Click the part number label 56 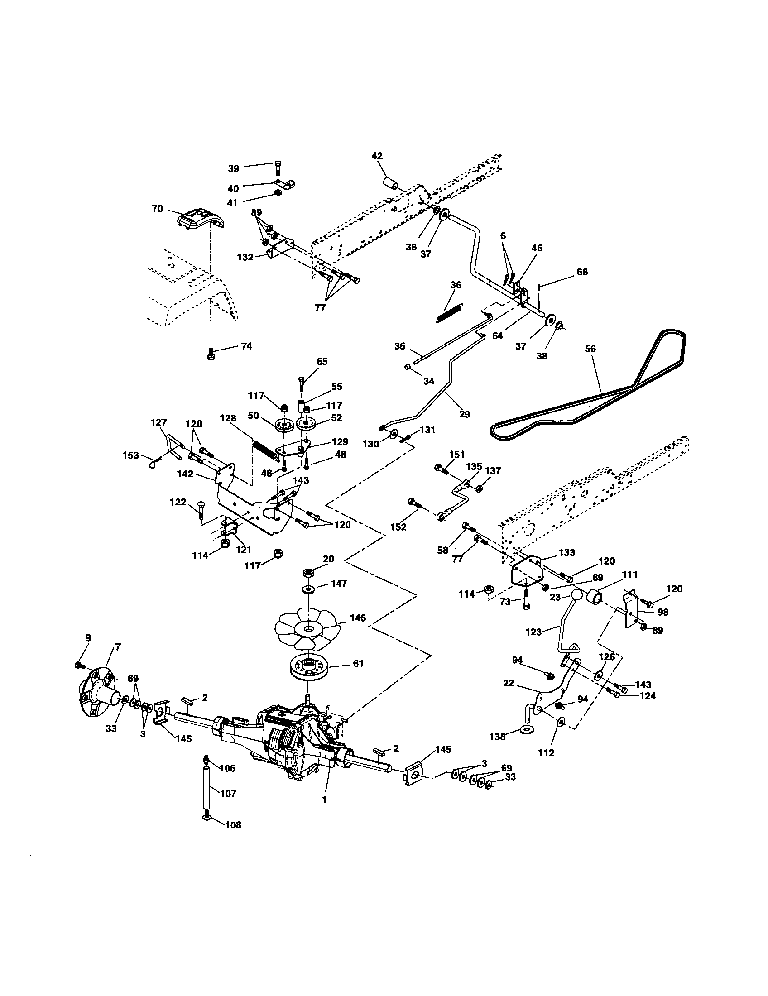click(590, 349)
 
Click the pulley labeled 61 click(310, 673)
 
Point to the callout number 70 click(157, 209)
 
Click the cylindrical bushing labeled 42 click(391, 184)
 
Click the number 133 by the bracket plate click(567, 552)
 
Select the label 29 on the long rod click(464, 415)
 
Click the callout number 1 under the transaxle click(324, 800)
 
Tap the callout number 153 click(131, 455)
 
